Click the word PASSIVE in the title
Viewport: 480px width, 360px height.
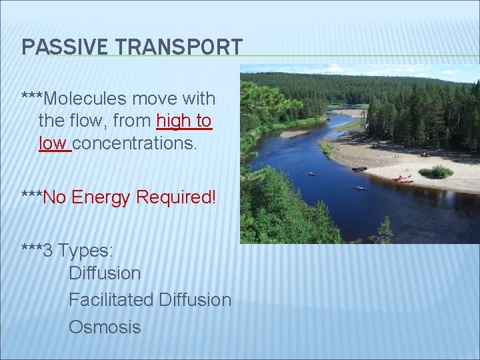pos(55,47)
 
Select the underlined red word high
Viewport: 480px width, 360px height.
pos(172,121)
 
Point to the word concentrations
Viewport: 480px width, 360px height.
pos(135,143)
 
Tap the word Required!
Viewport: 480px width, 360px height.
pos(177,197)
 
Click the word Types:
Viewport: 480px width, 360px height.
pos(86,251)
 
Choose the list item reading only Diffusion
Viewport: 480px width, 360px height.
pos(105,273)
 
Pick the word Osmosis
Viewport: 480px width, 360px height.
pos(105,327)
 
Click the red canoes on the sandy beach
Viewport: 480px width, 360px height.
pos(403,179)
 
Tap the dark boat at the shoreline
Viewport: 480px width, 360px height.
pos(359,169)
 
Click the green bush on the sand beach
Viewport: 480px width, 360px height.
pos(436,172)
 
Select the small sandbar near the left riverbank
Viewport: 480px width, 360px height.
pos(294,133)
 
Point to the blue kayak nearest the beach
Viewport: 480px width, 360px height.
pos(360,188)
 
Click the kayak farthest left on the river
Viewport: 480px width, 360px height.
pos(311,174)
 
